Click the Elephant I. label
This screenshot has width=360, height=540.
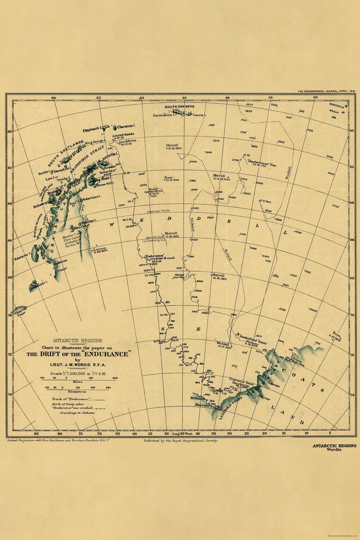91,129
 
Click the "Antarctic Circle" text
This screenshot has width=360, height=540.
158,211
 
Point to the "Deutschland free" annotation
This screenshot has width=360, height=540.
258,162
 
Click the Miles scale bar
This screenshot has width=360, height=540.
78,378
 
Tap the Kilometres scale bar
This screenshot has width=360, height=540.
78,388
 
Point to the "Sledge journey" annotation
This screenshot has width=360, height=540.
178,276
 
